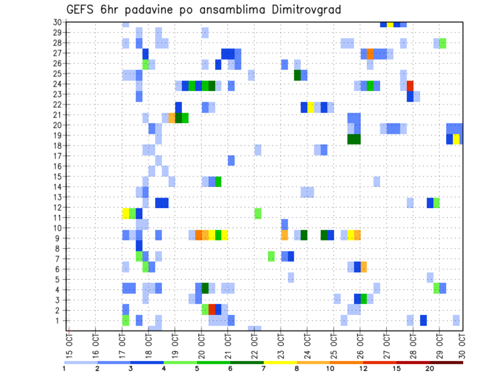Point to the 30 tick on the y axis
[57, 22]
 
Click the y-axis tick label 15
[57, 176]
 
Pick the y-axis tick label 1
[59, 320]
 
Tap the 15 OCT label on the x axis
[70, 346]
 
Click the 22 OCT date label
[254, 346]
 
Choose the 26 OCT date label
[360, 346]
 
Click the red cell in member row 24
[410, 84]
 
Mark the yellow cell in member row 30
[390, 24]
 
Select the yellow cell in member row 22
[311, 107]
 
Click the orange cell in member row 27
[370, 54]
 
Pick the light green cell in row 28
[443, 43]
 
